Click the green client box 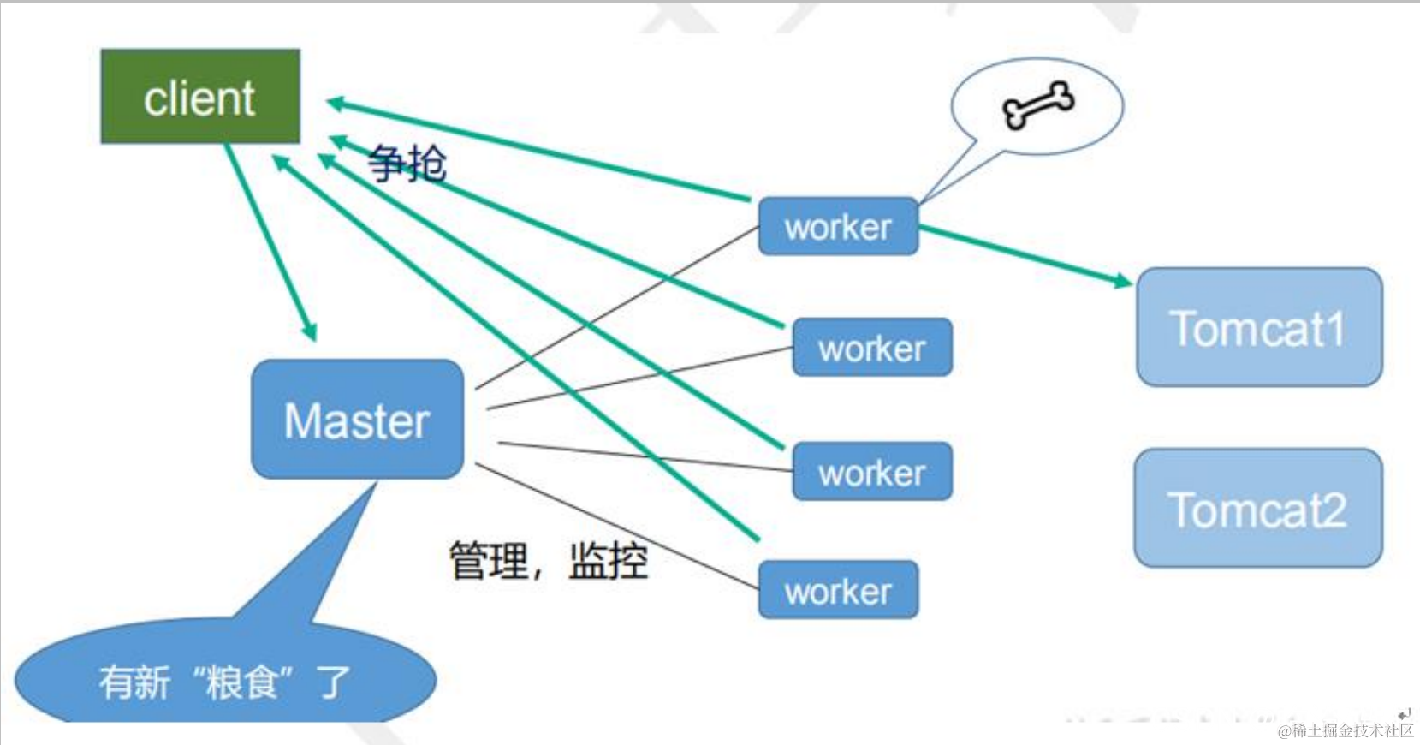pos(200,96)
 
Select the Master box pos(357,420)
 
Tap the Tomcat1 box pos(1258,327)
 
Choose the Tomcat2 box pos(1257,509)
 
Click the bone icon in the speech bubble pos(1037,105)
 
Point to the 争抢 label pos(407,163)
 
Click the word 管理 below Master pos(489,561)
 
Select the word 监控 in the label pos(608,561)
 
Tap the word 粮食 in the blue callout pos(241,682)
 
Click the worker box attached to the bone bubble pos(838,227)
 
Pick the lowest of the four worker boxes pos(838,591)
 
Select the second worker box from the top pos(871,348)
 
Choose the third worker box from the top pos(871,472)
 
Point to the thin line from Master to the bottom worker pos(616,526)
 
